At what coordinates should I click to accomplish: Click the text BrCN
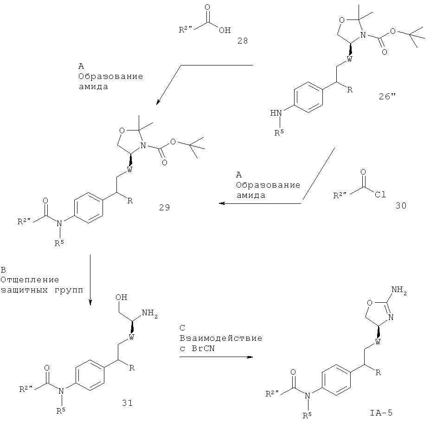click(x=203, y=347)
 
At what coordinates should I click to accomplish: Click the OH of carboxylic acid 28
click(x=224, y=31)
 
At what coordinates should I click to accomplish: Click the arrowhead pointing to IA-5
click(x=250, y=357)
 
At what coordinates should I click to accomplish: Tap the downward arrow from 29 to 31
click(x=90, y=279)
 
